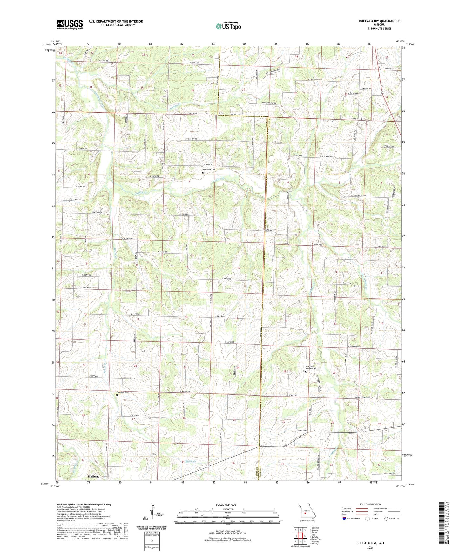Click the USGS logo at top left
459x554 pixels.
click(70, 24)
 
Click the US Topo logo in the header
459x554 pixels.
click(228, 26)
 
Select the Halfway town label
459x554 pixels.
click(93, 477)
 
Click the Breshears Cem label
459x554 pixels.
click(209, 170)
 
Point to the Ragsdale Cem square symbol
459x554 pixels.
click(117, 395)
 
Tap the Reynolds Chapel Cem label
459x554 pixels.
click(311, 367)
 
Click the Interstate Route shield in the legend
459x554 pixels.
click(345, 518)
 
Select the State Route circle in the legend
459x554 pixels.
click(387, 518)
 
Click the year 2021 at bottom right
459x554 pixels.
click(370, 548)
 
